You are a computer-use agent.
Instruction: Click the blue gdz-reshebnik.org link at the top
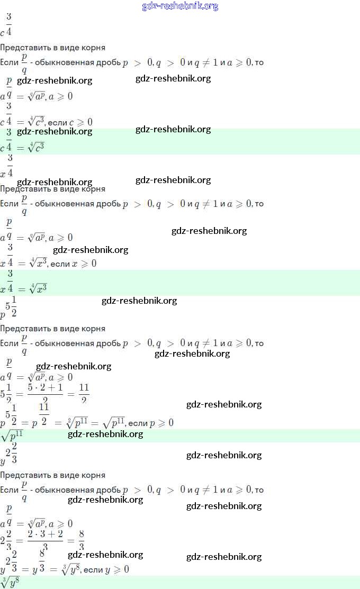click(x=180, y=6)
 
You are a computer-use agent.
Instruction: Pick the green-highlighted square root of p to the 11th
click(x=12, y=436)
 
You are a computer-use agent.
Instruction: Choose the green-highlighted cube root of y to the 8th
click(x=11, y=583)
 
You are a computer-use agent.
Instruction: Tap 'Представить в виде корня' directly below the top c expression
click(x=52, y=47)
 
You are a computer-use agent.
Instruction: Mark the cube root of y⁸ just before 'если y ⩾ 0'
click(x=68, y=569)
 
